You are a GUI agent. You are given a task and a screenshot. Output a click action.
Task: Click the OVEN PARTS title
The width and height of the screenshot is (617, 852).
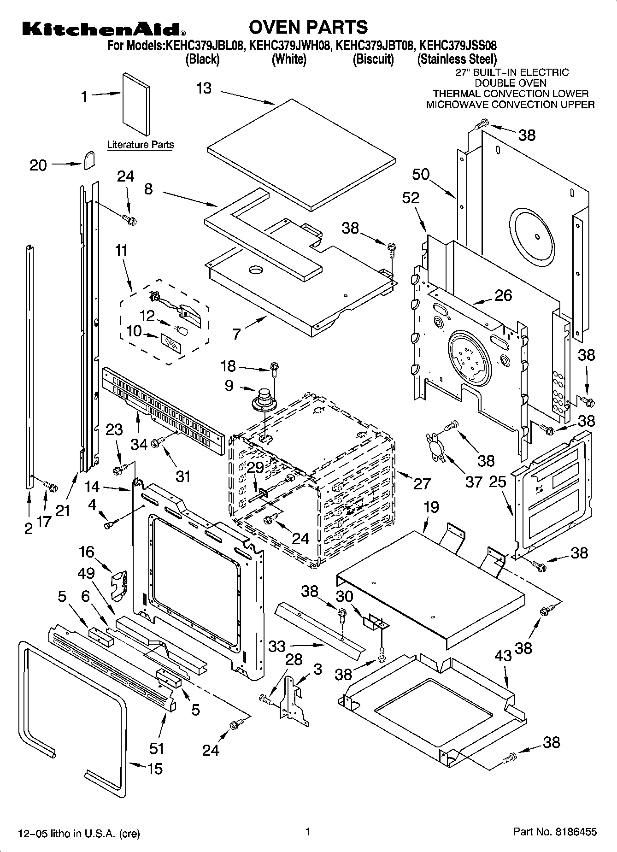pos(308,27)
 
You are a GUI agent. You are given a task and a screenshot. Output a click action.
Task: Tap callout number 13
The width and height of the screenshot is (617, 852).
pos(204,88)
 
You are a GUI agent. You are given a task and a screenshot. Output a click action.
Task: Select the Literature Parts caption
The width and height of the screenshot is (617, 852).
pos(141,144)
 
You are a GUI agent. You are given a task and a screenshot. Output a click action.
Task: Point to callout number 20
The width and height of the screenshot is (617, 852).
pos(38,165)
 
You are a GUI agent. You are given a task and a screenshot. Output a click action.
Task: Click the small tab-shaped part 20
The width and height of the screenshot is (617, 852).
pos(89,160)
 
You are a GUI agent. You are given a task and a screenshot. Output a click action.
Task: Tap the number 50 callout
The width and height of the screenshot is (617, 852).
pos(421,174)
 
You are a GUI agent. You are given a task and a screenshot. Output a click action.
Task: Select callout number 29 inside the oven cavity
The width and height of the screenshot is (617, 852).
pos(255,467)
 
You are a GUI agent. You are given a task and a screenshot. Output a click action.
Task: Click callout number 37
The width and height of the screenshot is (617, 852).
pos(473,482)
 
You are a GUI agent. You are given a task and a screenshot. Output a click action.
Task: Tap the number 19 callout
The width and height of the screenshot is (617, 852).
pos(431,507)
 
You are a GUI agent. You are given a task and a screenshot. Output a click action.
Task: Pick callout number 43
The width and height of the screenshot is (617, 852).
pos(503,655)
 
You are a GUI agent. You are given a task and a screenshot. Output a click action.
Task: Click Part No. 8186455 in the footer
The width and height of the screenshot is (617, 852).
pos(555,832)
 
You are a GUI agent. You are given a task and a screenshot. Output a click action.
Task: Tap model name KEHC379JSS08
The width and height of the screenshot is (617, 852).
pos(458,46)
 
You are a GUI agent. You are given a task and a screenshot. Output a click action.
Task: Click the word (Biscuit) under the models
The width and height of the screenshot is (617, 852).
pos(373,59)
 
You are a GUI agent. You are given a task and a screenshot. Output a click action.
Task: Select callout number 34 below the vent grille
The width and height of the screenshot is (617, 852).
pos(139,444)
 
